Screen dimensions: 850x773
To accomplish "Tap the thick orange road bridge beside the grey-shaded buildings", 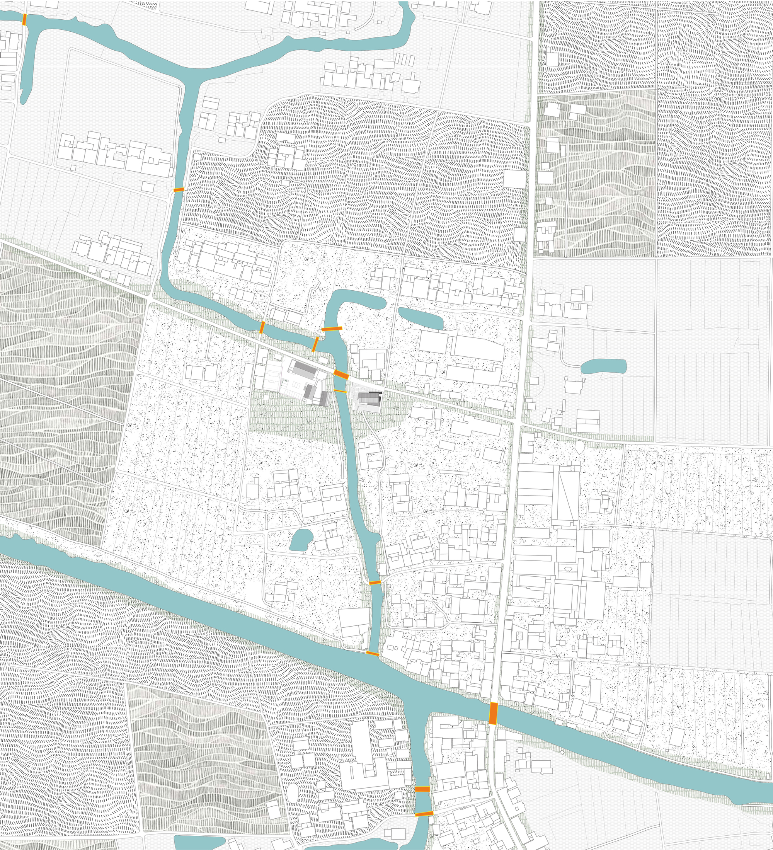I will pyautogui.click(x=341, y=375).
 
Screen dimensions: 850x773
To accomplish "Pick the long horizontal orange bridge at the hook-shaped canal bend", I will pyautogui.click(x=332, y=329).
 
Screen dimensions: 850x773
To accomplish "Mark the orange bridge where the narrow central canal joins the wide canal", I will pyautogui.click(x=372, y=653).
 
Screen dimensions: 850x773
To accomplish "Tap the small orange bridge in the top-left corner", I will pyautogui.click(x=24, y=19).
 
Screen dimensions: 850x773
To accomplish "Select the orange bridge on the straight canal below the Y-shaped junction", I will pyautogui.click(x=179, y=190).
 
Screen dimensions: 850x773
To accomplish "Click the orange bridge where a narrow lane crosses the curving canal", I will pyautogui.click(x=262, y=327).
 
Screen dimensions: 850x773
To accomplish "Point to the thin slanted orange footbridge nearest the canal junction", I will pyautogui.click(x=315, y=344).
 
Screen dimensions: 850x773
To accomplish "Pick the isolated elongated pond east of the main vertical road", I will pyautogui.click(x=603, y=366).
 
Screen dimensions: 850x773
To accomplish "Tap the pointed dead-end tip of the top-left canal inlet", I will pyautogui.click(x=23, y=101).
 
